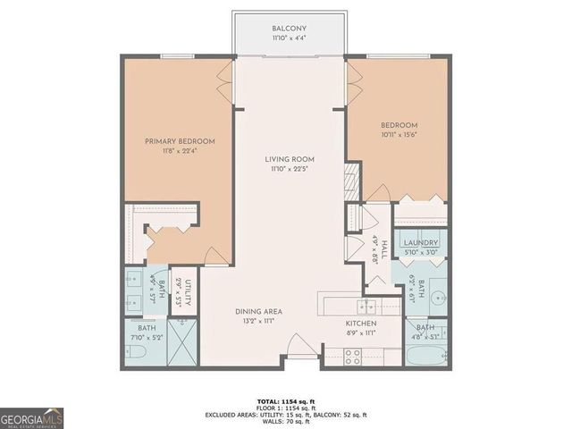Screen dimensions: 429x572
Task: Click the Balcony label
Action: pyautogui.click(x=289, y=29)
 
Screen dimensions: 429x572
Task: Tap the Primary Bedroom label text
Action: pyautogui.click(x=181, y=141)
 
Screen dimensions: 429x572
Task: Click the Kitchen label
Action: pyautogui.click(x=361, y=323)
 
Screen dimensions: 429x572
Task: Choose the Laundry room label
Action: pyautogui.click(x=419, y=243)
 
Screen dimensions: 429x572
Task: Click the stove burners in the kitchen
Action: pyautogui.click(x=354, y=355)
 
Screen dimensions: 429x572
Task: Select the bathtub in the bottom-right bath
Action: pyautogui.click(x=425, y=356)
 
